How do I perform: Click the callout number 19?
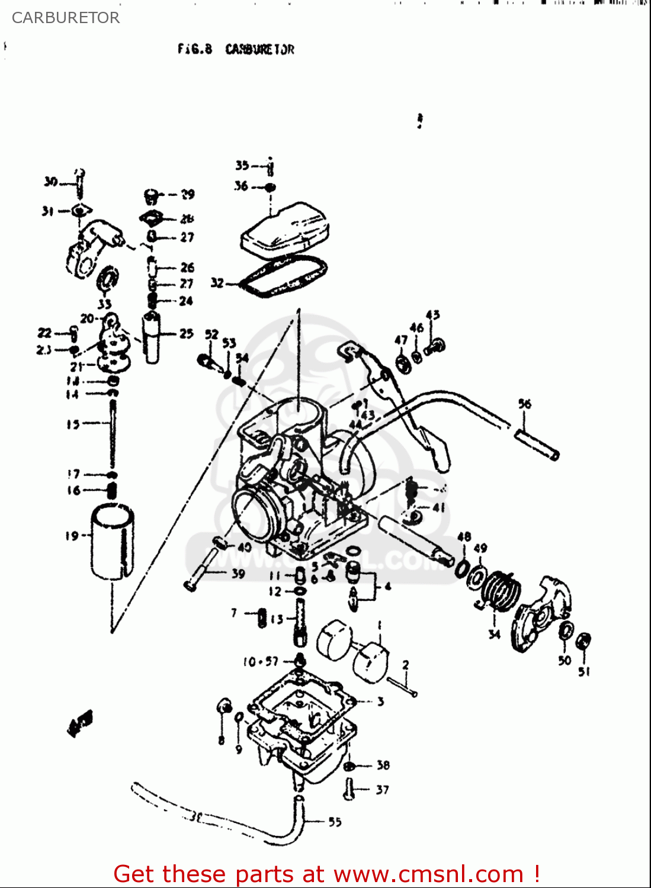[71, 536]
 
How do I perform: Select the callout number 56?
[525, 404]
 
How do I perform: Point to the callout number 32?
[217, 283]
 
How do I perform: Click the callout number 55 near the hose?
[335, 822]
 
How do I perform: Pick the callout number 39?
[238, 573]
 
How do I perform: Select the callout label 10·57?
[260, 661]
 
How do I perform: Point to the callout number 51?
[584, 671]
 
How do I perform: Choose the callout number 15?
[73, 424]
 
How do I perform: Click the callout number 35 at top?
[242, 165]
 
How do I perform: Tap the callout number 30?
[50, 181]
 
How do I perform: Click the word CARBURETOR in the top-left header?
[66, 18]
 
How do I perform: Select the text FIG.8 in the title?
[194, 49]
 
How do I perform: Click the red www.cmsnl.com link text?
[428, 874]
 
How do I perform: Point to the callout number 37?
[382, 790]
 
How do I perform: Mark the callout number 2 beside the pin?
[406, 665]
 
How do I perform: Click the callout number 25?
[187, 333]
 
